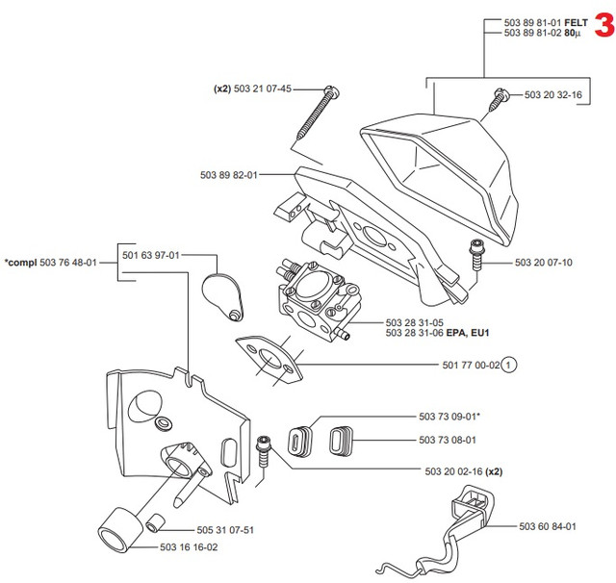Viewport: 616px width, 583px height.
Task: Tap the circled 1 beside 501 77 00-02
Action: [509, 365]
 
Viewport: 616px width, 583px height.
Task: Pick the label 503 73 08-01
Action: [449, 440]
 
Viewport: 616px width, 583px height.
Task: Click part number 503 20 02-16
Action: [452, 471]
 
